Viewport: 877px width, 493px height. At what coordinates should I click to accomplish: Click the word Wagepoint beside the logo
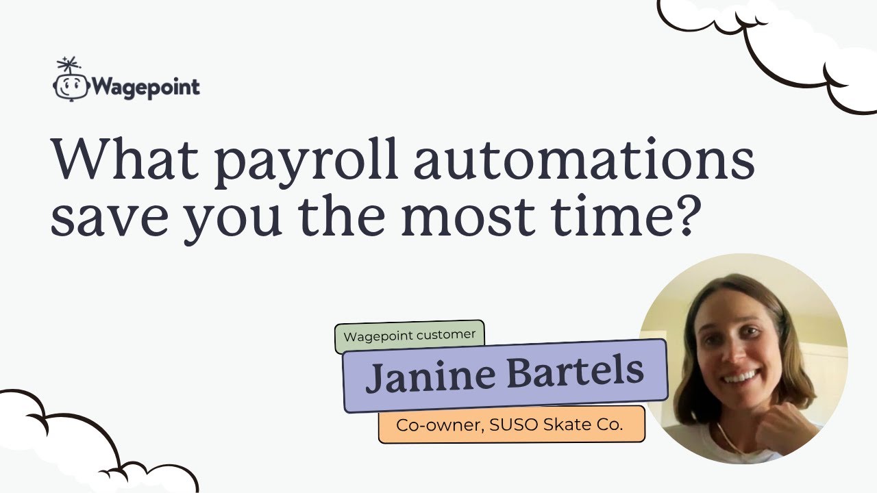pyautogui.click(x=145, y=88)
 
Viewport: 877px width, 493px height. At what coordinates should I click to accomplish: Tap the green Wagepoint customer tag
pyautogui.click(x=410, y=336)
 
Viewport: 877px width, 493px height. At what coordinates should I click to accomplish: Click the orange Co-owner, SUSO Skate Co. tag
pyautogui.click(x=510, y=425)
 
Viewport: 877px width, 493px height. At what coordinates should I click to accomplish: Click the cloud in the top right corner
pyautogui.click(x=788, y=41)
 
